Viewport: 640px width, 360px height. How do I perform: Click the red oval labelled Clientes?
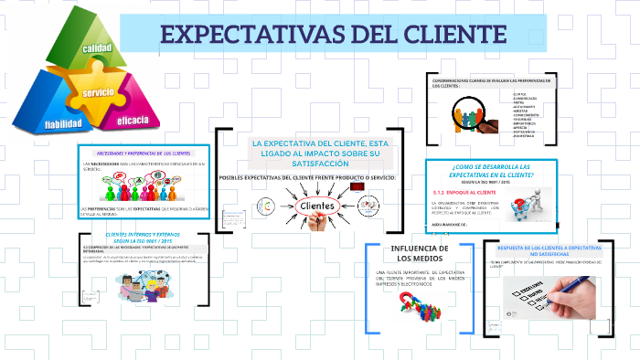pos(311,206)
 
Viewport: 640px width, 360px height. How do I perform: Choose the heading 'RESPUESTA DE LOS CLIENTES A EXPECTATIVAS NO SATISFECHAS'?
pos(550,251)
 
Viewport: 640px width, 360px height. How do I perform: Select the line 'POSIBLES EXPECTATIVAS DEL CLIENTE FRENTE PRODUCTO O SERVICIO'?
pos(307,176)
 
